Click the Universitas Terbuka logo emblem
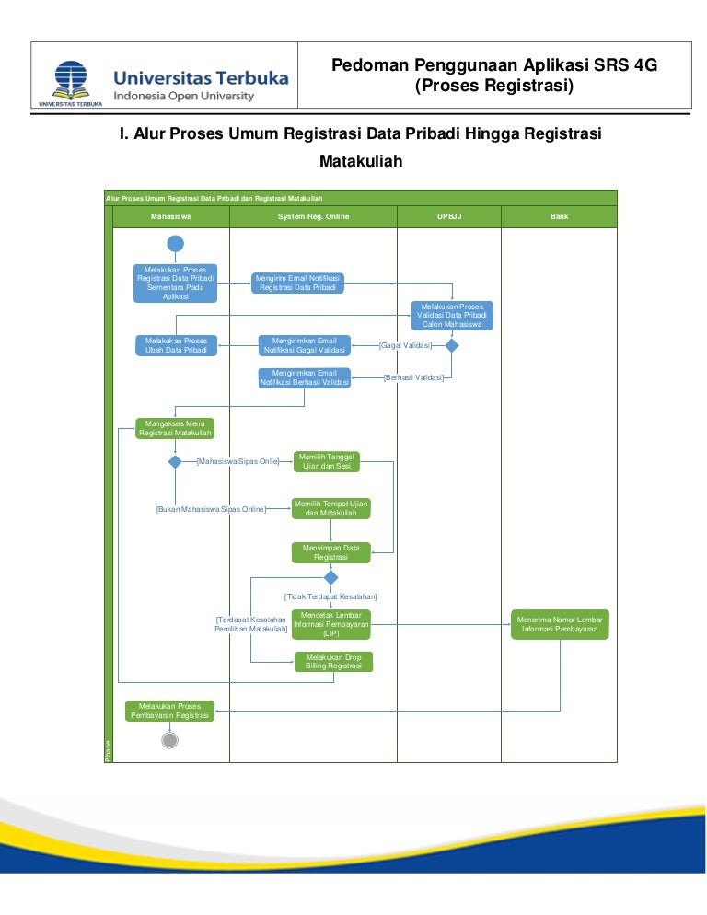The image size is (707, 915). click(x=70, y=80)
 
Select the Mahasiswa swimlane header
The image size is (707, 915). click(x=170, y=216)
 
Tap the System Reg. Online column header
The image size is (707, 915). click(x=313, y=216)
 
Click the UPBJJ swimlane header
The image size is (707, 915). click(x=448, y=216)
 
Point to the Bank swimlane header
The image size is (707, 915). click(x=559, y=216)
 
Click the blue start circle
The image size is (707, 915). click(x=176, y=243)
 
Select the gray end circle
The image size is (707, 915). click(x=169, y=740)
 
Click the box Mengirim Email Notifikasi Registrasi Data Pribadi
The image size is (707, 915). click(x=298, y=283)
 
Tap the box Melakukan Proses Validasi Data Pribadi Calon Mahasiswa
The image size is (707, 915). click(x=452, y=316)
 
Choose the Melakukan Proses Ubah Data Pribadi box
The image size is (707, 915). click(x=176, y=345)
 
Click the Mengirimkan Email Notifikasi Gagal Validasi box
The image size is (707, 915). click(x=305, y=345)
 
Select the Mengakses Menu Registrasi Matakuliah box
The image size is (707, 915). click(x=175, y=428)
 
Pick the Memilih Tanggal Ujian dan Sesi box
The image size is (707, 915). click(x=327, y=461)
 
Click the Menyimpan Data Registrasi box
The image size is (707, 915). click(x=331, y=552)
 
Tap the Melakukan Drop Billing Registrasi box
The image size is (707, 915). click(x=333, y=662)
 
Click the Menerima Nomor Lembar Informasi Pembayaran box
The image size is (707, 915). click(x=560, y=625)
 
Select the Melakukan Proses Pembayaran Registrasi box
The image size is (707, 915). click(x=170, y=711)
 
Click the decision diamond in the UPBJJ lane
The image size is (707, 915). click(x=452, y=345)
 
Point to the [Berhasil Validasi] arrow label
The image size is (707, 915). click(x=413, y=377)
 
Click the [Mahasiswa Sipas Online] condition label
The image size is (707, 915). click(x=238, y=461)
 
